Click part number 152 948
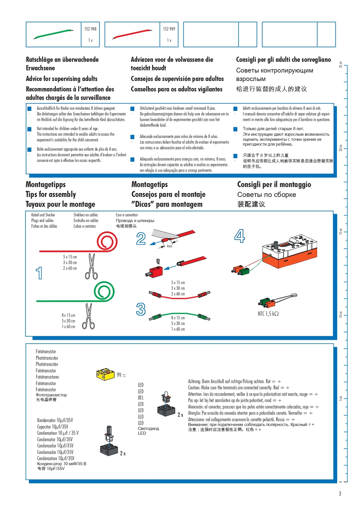(90, 29)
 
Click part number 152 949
(169, 29)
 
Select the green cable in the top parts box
(54, 34)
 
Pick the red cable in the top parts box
(133, 34)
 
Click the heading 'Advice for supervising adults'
(62, 78)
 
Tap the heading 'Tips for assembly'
(51, 194)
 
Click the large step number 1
(39, 273)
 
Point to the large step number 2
(141, 239)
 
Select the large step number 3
(141, 309)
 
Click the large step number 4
(239, 236)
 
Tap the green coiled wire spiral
(104, 291)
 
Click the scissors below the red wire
(91, 267)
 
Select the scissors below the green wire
(89, 316)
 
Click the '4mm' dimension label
(169, 246)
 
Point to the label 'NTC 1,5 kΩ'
(268, 314)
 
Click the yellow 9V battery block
(105, 374)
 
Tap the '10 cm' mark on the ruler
(341, 314)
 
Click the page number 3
(339, 493)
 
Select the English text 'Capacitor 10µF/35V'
(53, 427)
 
